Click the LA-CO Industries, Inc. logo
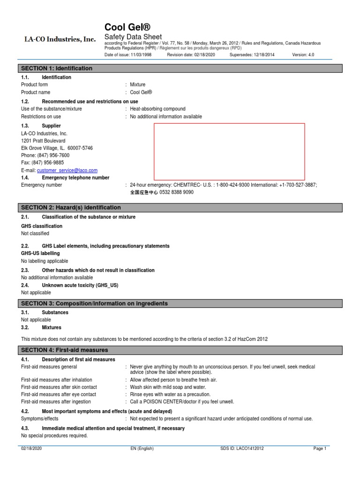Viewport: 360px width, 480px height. point(60,39)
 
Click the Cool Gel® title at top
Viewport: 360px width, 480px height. point(127,27)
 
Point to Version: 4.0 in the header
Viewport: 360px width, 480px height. point(303,55)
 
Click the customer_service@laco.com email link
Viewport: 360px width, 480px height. point(67,171)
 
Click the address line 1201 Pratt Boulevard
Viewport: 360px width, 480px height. point(43,141)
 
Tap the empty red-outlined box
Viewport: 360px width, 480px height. point(229,151)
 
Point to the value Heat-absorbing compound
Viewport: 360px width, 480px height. point(157,109)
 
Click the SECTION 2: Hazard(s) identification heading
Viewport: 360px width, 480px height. point(71,208)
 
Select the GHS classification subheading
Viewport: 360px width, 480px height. point(42,226)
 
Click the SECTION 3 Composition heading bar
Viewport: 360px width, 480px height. point(94,304)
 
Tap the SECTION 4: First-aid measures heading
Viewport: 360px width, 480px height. point(65,350)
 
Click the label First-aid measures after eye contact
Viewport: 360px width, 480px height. point(59,395)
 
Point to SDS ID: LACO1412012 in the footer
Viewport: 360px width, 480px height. point(242,449)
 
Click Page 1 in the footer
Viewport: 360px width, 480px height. point(320,449)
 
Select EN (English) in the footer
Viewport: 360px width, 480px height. point(142,449)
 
